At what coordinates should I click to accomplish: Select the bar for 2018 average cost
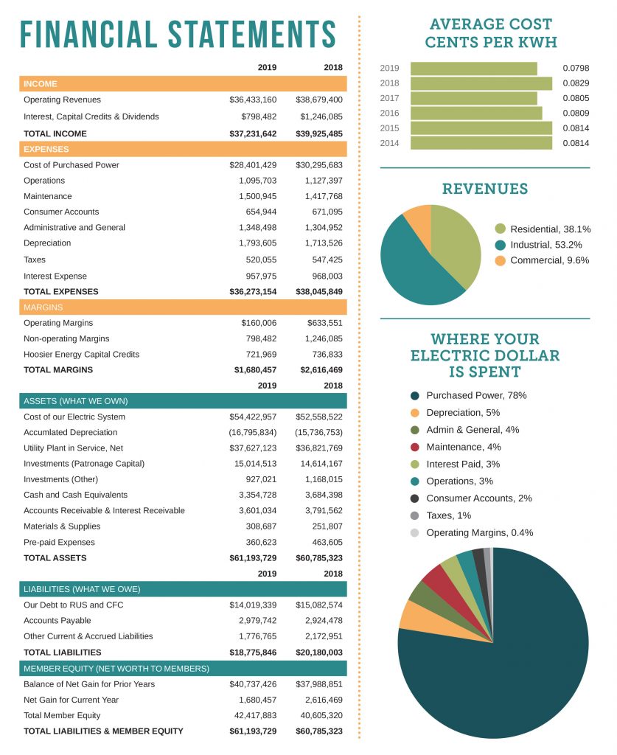click(x=481, y=83)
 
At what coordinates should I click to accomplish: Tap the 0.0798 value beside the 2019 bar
click(x=576, y=68)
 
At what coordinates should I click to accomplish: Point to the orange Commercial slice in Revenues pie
click(x=418, y=218)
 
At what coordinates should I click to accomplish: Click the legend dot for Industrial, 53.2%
click(x=501, y=245)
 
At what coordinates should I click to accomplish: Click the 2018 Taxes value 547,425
click(x=324, y=260)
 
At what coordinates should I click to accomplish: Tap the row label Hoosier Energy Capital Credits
click(x=81, y=354)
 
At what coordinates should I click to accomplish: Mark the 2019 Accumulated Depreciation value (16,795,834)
click(x=252, y=432)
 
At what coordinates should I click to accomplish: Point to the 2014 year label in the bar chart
click(x=389, y=143)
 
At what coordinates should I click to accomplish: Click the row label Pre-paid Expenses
click(x=59, y=542)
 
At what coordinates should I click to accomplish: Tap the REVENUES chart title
click(x=485, y=189)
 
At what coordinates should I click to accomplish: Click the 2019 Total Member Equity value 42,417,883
click(x=253, y=715)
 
